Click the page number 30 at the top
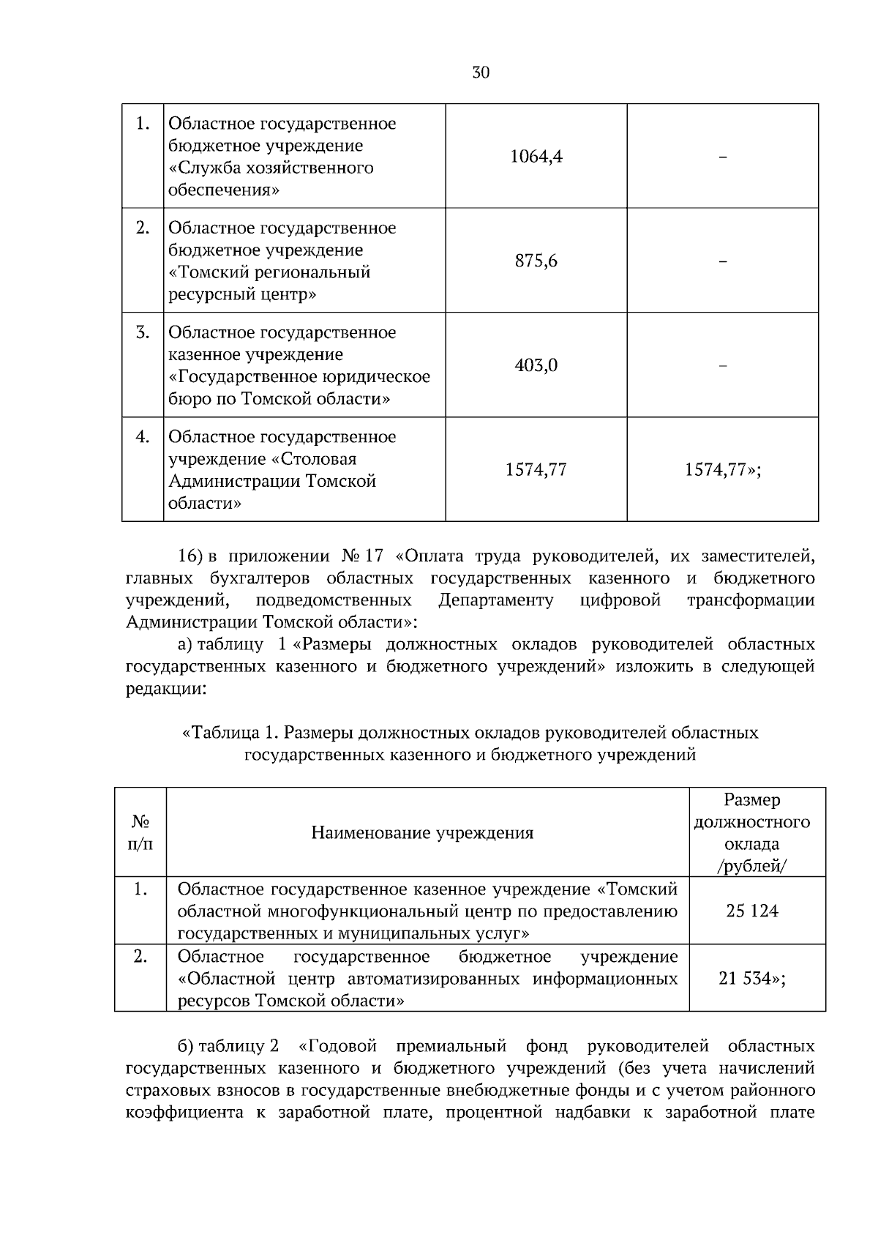click(x=481, y=72)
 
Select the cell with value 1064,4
click(x=536, y=157)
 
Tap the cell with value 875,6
click(x=536, y=261)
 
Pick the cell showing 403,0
click(x=536, y=365)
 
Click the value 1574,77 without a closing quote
click(x=536, y=470)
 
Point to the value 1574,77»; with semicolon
click(x=722, y=470)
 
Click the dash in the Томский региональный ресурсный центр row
click(x=722, y=261)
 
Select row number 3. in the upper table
click(x=143, y=333)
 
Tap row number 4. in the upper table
click(x=143, y=437)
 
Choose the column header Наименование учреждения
click(x=422, y=832)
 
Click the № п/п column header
click(x=140, y=832)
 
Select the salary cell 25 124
click(x=752, y=911)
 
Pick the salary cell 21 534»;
click(x=752, y=979)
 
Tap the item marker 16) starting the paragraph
click(x=190, y=556)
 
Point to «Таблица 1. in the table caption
click(x=230, y=733)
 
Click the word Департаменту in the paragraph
click(x=495, y=601)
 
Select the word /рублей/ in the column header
click(x=752, y=866)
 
